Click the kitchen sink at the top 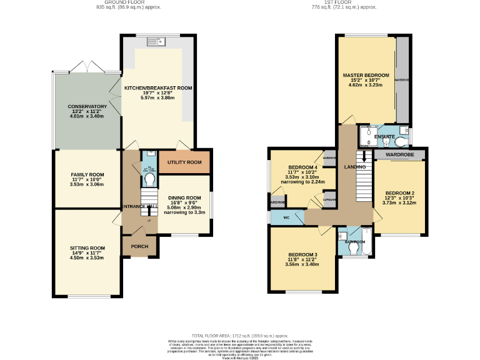pyautogui.click(x=154, y=42)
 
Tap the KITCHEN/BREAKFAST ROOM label pyautogui.click(x=157, y=89)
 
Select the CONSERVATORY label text pyautogui.click(x=87, y=107)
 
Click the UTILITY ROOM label pyautogui.click(x=184, y=162)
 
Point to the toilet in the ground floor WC pyautogui.click(x=149, y=180)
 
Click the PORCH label pyautogui.click(x=139, y=246)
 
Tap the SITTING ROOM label pyautogui.click(x=87, y=248)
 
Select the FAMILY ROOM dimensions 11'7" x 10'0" pyautogui.click(x=87, y=181)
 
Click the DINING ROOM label pyautogui.click(x=184, y=197)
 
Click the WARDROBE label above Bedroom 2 pyautogui.click(x=399, y=154)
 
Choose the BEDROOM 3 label pyautogui.click(x=303, y=255)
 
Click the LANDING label pyautogui.click(x=354, y=167)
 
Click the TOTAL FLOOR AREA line pyautogui.click(x=240, y=336)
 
